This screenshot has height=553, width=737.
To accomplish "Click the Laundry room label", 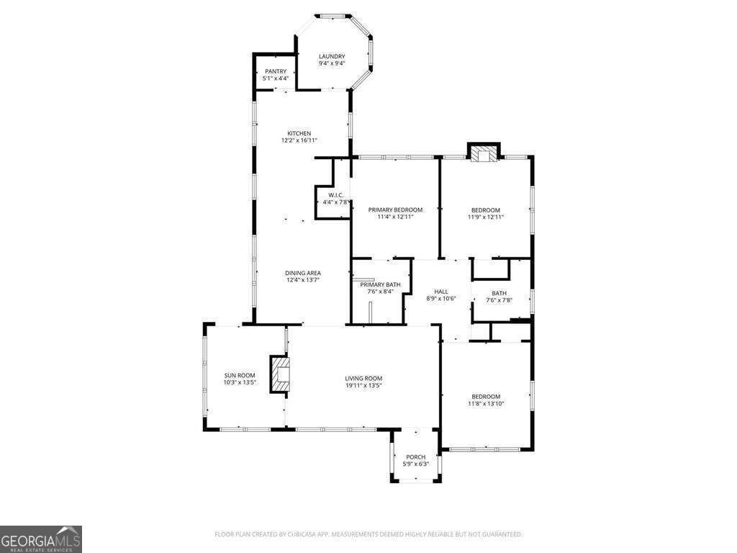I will click(x=332, y=57).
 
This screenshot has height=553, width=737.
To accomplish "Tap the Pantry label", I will click(x=275, y=71).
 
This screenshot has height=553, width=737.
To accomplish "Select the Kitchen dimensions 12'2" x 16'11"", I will click(x=299, y=140).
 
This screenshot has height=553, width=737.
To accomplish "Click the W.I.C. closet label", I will click(x=336, y=195).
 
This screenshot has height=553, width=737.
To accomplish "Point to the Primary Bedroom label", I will click(x=395, y=210).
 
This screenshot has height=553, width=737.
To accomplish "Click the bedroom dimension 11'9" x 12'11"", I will click(x=486, y=217).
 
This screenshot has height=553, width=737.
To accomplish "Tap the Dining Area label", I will click(x=302, y=273).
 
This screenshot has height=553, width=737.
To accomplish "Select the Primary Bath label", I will click(x=380, y=284).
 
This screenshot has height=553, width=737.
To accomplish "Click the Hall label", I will click(x=441, y=291).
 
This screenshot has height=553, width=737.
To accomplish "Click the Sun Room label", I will click(x=240, y=375).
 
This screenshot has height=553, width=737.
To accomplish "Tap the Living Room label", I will click(x=363, y=378).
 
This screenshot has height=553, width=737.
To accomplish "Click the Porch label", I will click(x=416, y=457).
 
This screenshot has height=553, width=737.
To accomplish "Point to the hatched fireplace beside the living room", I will click(x=280, y=374).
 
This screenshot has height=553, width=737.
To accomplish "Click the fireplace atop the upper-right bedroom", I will click(x=484, y=153).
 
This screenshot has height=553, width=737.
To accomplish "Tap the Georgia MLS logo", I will click(x=41, y=539).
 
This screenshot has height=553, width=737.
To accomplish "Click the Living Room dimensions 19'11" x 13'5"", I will click(x=363, y=385).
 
